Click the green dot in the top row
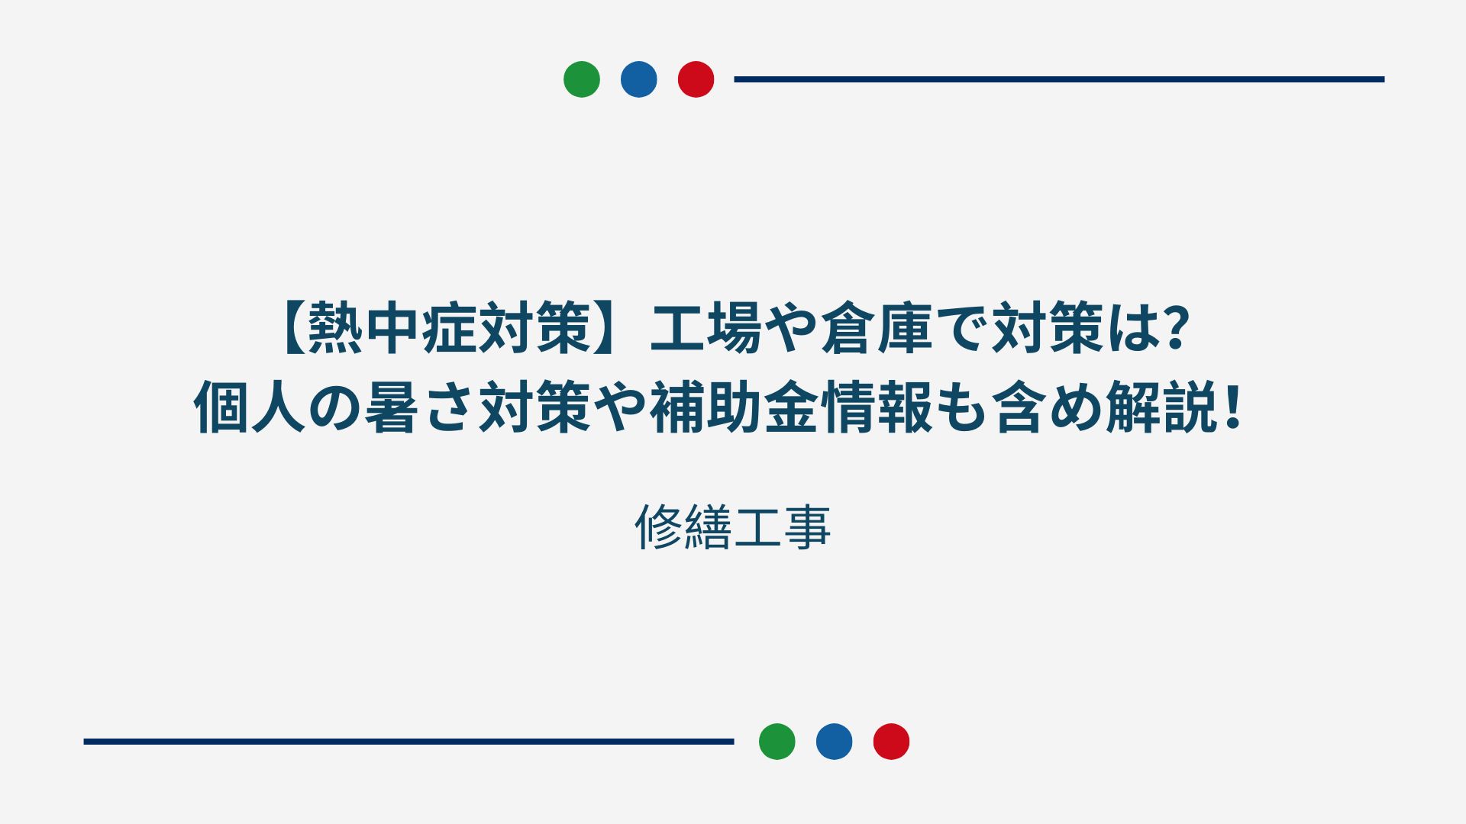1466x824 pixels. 582,79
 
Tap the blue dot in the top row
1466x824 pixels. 639,79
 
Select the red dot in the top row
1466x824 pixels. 696,79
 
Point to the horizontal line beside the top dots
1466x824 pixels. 1059,79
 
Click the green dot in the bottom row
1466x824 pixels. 777,742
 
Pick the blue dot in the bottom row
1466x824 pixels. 835,742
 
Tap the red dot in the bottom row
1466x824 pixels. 892,742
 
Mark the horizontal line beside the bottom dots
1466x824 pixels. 408,742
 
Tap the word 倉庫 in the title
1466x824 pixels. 877,329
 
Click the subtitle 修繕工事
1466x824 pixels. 733,527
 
